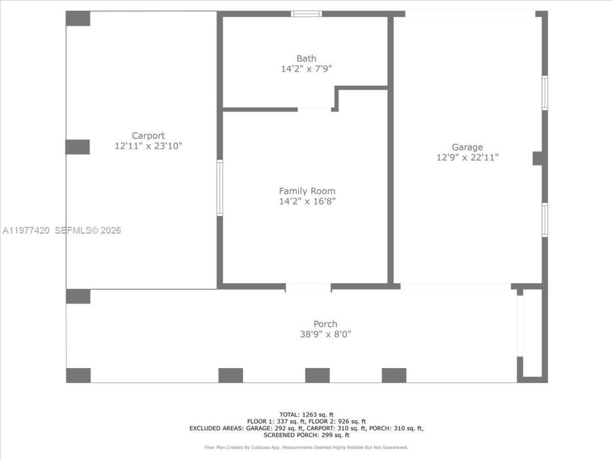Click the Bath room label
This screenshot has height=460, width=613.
point(306,58)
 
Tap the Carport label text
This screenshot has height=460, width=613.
point(148,136)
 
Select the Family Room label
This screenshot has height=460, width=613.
point(307,191)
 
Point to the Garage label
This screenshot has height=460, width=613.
point(467,147)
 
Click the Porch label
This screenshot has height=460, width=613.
point(325,324)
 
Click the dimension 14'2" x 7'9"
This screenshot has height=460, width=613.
point(306,69)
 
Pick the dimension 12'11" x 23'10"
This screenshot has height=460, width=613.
point(148,146)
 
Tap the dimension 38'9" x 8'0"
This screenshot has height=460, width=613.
point(325,334)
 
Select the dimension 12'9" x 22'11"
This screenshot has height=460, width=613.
point(467,158)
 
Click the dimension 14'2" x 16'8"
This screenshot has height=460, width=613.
point(307,201)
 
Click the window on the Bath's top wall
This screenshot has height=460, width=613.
point(306,13)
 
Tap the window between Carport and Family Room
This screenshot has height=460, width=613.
point(220,188)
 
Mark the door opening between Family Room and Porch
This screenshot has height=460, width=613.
point(308,287)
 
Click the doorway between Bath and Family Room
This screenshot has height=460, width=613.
point(314,109)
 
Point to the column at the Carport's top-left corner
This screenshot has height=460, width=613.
point(78,18)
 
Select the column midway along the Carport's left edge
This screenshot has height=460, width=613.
point(78,147)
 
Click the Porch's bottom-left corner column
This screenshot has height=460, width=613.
point(78,375)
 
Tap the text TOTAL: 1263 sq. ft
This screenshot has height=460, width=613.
point(306,414)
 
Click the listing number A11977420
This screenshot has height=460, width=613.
point(26,230)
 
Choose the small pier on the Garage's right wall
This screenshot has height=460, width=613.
point(538,159)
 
